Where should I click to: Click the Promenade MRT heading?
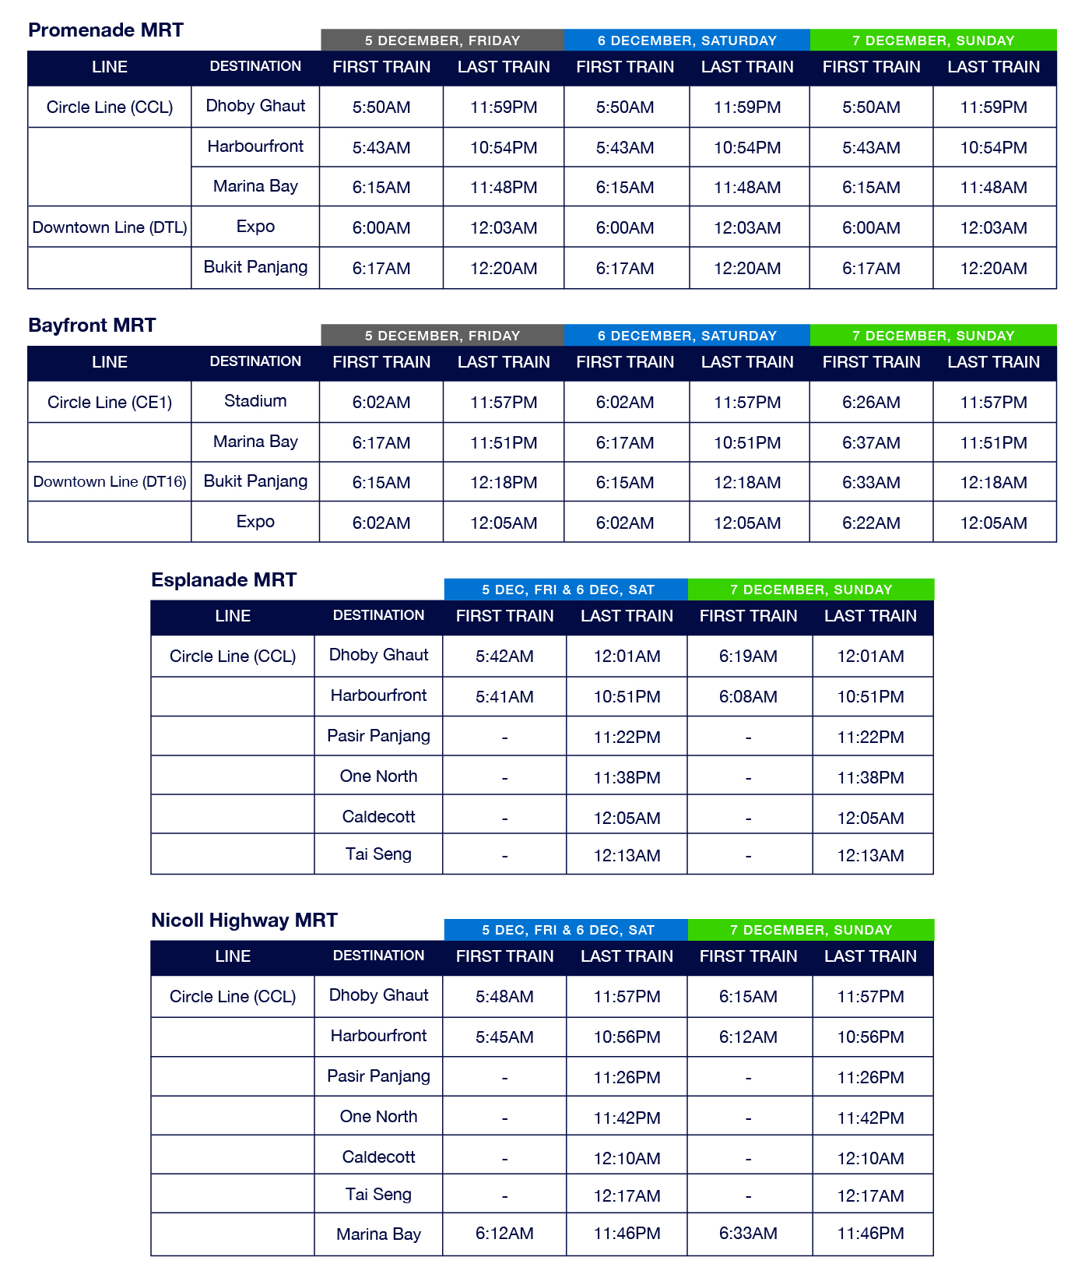coord(106,30)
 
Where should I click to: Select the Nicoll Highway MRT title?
coord(244,921)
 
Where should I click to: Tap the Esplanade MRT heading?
coord(223,580)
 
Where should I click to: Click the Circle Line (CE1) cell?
coord(110,403)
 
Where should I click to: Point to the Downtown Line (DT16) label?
coord(110,482)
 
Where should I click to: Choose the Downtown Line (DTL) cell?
coord(110,227)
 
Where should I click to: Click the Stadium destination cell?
coord(255,401)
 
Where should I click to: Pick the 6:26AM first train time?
coord(871,403)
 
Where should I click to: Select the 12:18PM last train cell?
coord(504,483)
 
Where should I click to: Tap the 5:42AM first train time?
coord(504,657)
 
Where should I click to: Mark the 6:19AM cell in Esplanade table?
coord(748,657)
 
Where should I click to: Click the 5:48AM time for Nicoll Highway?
coord(504,997)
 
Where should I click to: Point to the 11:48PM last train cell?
coord(504,188)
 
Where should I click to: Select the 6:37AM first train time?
coord(871,443)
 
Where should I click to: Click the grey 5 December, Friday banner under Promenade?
coord(442,40)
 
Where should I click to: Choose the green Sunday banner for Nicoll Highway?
coord(810,931)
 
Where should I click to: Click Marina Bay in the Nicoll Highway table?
coord(378,1234)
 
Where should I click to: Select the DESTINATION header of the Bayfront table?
coord(255,361)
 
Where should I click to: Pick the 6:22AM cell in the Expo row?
coord(871,523)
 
